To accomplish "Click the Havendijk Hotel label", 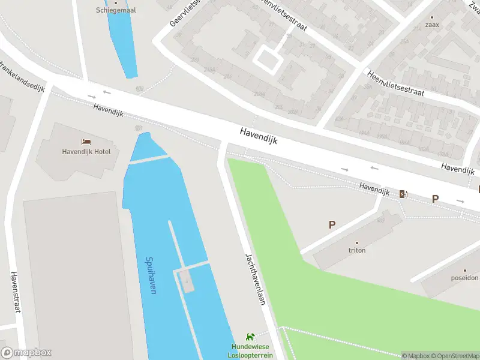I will pyautogui.click(x=86, y=151).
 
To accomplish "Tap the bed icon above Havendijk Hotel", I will pyautogui.click(x=86, y=142).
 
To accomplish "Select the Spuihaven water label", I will pyautogui.click(x=151, y=275).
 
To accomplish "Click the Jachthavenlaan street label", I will pyautogui.click(x=255, y=278).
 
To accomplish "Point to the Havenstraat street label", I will pyautogui.click(x=16, y=292).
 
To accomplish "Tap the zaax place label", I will pyautogui.click(x=432, y=25).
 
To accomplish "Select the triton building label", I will pyautogui.click(x=357, y=250).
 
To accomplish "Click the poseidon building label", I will pyautogui.click(x=465, y=278).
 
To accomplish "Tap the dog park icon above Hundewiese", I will pyautogui.click(x=250, y=338).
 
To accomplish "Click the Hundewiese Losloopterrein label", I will pyautogui.click(x=250, y=351).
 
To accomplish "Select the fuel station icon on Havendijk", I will pyautogui.click(x=403, y=193).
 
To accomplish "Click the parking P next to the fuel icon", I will pyautogui.click(x=436, y=199).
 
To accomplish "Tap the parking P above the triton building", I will pyautogui.click(x=331, y=225).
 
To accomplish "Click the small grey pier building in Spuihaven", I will pyautogui.click(x=187, y=280).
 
